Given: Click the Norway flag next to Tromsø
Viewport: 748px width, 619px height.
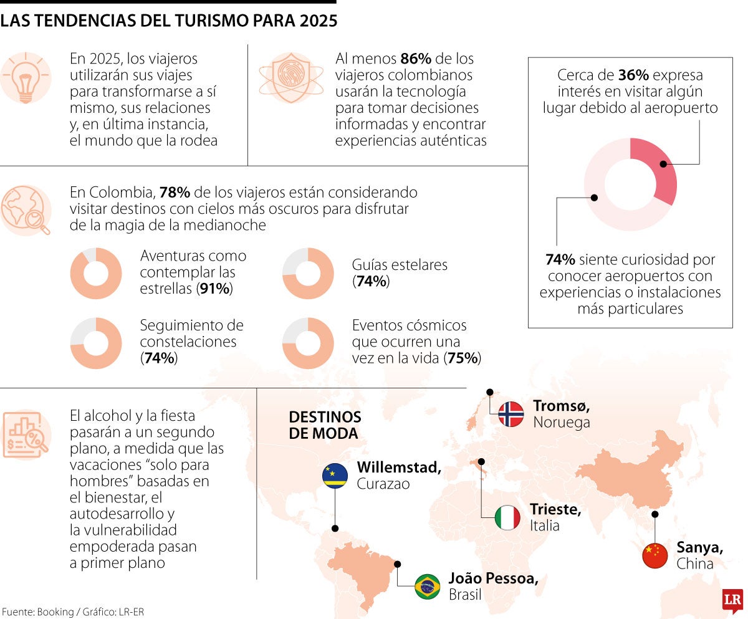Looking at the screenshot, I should click(x=511, y=414).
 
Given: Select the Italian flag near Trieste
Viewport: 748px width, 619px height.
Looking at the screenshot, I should click(x=507, y=518).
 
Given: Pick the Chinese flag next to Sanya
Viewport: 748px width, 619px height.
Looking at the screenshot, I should click(x=654, y=555).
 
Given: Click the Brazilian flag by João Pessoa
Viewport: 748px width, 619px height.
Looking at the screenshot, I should click(x=428, y=587).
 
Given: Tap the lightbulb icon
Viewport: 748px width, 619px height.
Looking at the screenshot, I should click(x=26, y=78).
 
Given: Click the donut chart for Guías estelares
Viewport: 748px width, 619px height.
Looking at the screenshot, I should click(x=308, y=274).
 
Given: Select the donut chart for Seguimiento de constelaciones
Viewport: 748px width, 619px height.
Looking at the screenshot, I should click(x=95, y=343).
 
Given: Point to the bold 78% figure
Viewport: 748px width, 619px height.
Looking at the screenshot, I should click(x=175, y=193).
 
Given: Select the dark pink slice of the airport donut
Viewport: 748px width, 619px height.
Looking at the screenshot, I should click(x=660, y=168).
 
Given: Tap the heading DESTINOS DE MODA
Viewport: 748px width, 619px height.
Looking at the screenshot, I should click(x=325, y=425).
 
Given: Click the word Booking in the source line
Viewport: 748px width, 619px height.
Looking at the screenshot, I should click(x=54, y=612).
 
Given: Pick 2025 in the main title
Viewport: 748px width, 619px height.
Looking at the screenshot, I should click(x=317, y=21).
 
